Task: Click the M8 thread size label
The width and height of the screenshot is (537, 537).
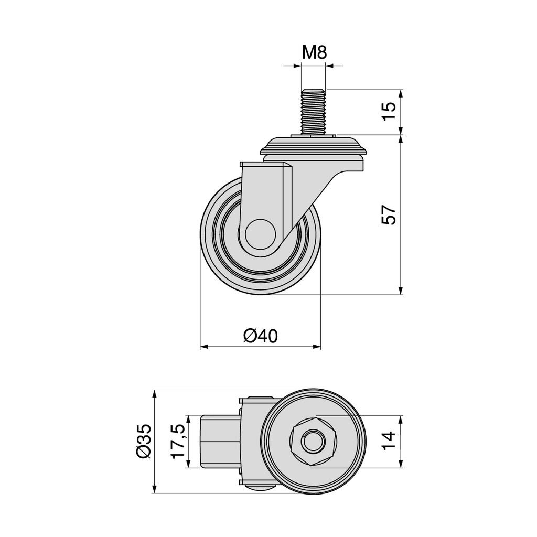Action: click(x=315, y=53)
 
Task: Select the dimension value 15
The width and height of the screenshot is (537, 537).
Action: click(x=389, y=111)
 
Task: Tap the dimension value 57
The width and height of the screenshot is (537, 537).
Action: click(x=389, y=214)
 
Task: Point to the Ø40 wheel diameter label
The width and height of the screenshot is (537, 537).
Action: click(x=261, y=336)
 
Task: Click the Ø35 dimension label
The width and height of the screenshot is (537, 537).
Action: click(x=143, y=441)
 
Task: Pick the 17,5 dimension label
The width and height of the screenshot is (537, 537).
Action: click(x=178, y=441)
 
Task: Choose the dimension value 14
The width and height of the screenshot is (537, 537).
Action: click(x=389, y=441)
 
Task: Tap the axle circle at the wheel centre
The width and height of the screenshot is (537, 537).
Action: click(x=260, y=233)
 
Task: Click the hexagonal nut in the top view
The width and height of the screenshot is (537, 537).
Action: click(x=313, y=441)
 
